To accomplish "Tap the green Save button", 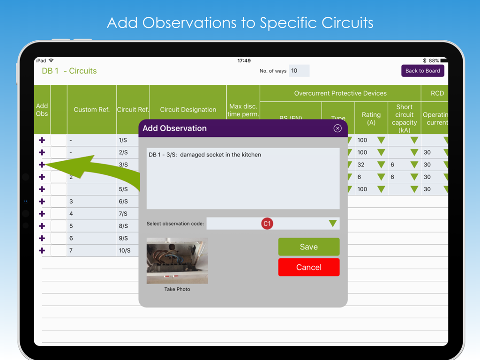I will pyautogui.click(x=308, y=247).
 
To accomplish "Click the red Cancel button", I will pyautogui.click(x=308, y=267).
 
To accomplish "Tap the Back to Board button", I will pyautogui.click(x=422, y=71).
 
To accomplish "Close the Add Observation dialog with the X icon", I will pyautogui.click(x=337, y=128).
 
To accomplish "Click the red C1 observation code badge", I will pyautogui.click(x=267, y=224).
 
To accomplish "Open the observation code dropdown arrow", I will pyautogui.click(x=332, y=224).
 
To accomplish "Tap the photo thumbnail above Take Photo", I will pyautogui.click(x=177, y=261).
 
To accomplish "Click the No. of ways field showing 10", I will pyautogui.click(x=299, y=71).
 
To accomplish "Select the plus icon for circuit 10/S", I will pyautogui.click(x=42, y=250).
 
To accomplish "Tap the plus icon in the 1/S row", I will pyautogui.click(x=42, y=140).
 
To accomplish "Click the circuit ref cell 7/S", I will pyautogui.click(x=123, y=214).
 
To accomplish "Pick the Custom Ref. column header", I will pyautogui.click(x=91, y=110).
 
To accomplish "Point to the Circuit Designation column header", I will pyautogui.click(x=188, y=110).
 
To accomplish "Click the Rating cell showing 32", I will pyautogui.click(x=361, y=165).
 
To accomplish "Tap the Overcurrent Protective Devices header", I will pyautogui.click(x=340, y=93).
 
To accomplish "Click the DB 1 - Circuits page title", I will pyautogui.click(x=69, y=71).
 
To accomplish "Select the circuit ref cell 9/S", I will pyautogui.click(x=123, y=238).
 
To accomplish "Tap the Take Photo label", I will pyautogui.click(x=177, y=289).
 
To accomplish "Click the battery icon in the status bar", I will pyautogui.click(x=443, y=61).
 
